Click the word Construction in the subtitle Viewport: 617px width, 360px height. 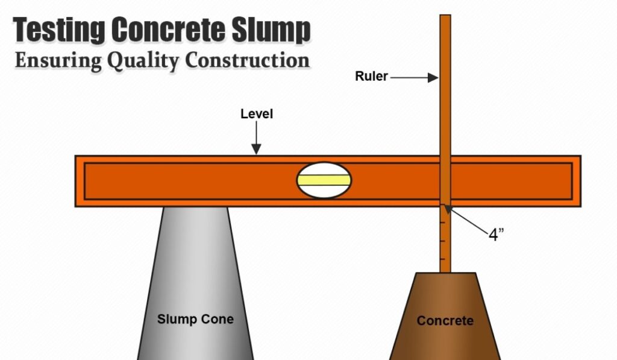pos(247,61)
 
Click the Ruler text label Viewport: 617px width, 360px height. pos(371,77)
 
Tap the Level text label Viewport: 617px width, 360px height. pos(257,114)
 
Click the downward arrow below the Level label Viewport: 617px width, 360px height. pos(257,139)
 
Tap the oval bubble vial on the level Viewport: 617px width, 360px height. pos(324,180)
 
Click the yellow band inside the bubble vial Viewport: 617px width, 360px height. pos(324,180)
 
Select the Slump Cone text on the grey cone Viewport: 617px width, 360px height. pos(195,318)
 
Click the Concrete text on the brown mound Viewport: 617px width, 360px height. pos(445,320)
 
